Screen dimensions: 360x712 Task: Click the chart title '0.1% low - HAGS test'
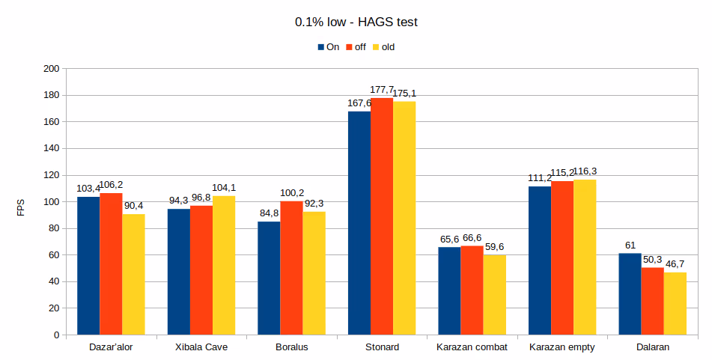coord(356,22)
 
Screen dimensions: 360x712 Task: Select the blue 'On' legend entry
coord(328,47)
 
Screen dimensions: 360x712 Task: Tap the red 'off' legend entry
coord(355,47)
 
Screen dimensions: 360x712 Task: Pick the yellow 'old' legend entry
coord(383,47)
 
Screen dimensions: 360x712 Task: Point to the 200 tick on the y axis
coord(51,69)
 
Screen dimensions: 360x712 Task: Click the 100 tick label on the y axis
coord(51,202)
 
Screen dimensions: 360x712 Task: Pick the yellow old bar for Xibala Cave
coord(224,266)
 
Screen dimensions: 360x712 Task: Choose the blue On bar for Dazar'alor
coord(88,266)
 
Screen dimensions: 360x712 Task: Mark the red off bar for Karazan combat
coord(472,290)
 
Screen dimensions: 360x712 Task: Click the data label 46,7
coord(675,264)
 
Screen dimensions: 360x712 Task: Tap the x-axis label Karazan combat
coord(472,347)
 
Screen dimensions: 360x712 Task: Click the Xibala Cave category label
coord(201,347)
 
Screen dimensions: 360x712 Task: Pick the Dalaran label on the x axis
coord(652,347)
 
